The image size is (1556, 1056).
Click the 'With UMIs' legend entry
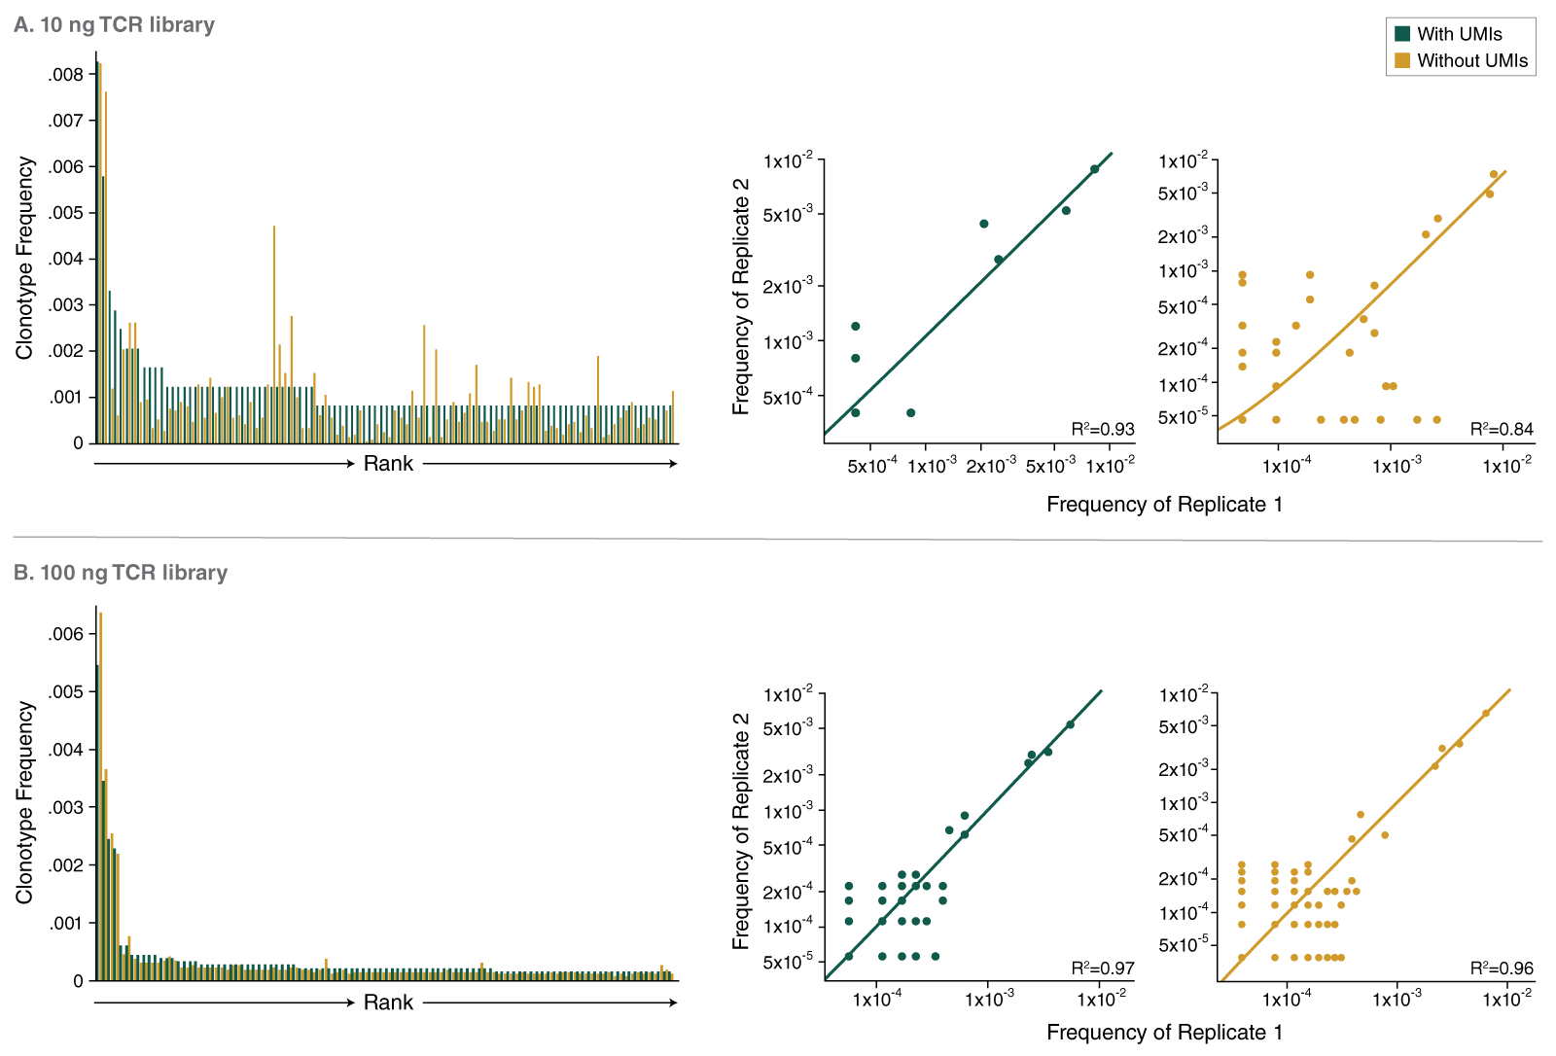1459,34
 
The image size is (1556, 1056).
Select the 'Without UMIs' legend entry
1471,60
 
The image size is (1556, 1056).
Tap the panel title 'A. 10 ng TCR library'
115,24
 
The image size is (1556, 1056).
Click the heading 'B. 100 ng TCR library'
121,573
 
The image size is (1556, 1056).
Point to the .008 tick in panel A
67,75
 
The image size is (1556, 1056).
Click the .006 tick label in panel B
67,634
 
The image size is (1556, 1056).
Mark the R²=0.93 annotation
1103,429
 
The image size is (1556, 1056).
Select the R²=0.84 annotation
1502,429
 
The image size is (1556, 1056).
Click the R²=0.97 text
1103,968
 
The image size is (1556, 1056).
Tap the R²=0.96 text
1502,968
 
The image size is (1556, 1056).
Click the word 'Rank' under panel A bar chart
388,464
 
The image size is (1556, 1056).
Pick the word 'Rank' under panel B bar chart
388,1003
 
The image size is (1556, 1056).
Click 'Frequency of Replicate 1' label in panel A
1164,505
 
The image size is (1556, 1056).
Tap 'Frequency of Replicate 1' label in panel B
1164,1033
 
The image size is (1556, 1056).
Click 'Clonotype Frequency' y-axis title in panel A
24,259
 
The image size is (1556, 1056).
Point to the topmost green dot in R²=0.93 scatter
1094,169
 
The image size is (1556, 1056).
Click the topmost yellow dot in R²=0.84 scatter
1494,175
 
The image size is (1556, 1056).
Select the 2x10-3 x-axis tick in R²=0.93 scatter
990,467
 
